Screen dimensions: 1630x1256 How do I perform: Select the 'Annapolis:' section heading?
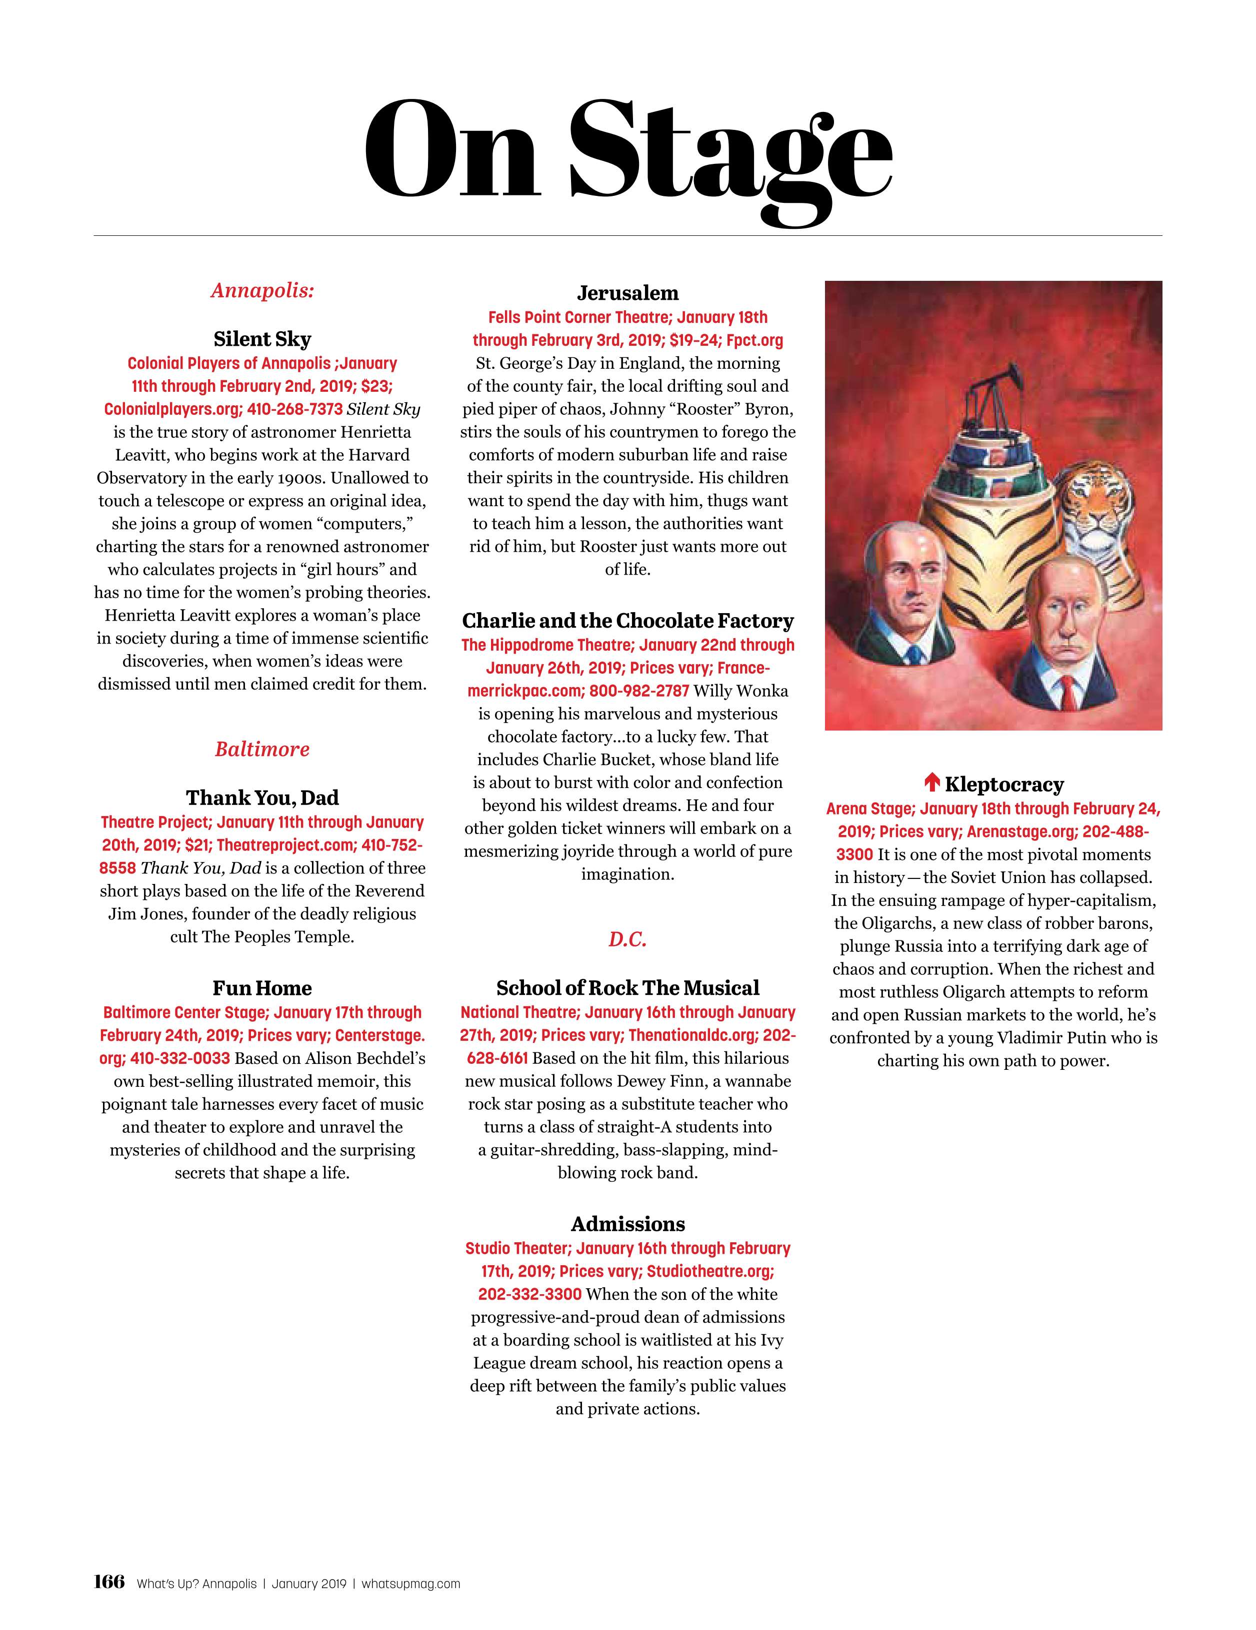tap(262, 290)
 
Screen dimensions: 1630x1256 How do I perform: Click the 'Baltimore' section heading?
tap(262, 750)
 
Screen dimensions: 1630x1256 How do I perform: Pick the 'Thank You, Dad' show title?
tap(262, 798)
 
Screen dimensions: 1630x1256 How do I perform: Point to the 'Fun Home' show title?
tap(262, 988)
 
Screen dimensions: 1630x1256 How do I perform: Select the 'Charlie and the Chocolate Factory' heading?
tap(627, 621)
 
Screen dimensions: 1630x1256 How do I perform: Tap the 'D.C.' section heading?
tap(627, 939)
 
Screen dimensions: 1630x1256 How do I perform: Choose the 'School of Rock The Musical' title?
tap(627, 988)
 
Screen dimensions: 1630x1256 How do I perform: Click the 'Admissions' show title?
tap(627, 1224)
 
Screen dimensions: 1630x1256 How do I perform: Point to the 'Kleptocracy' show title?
tap(1003, 785)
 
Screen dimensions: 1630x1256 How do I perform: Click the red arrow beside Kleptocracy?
tap(931, 783)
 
